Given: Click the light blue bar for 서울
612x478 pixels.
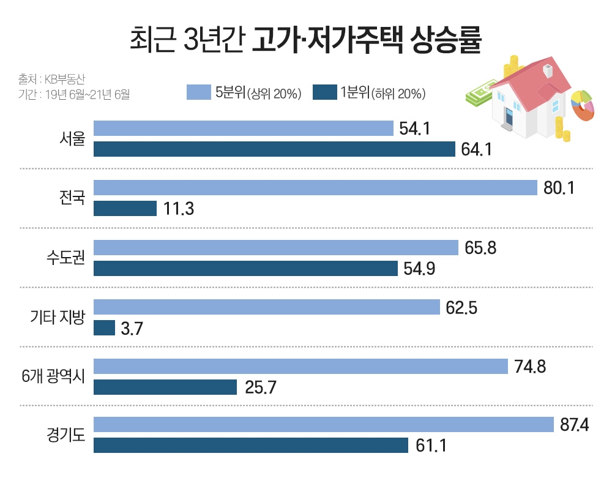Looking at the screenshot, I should pyautogui.click(x=243, y=129).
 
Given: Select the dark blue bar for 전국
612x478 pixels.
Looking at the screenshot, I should pyautogui.click(x=125, y=209).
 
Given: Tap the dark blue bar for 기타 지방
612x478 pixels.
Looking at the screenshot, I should pyautogui.click(x=104, y=328).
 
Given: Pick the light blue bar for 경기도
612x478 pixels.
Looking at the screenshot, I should pyautogui.click(x=323, y=425).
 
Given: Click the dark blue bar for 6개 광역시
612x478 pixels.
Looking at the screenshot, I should pyautogui.click(x=165, y=387).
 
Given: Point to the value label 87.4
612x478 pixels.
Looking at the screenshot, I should pyautogui.click(x=574, y=425).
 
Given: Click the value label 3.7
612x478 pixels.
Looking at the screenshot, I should pyautogui.click(x=132, y=329).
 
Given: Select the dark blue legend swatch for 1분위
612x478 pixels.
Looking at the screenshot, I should pyautogui.click(x=324, y=92).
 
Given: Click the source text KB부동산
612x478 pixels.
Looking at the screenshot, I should pyautogui.click(x=68, y=79).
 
